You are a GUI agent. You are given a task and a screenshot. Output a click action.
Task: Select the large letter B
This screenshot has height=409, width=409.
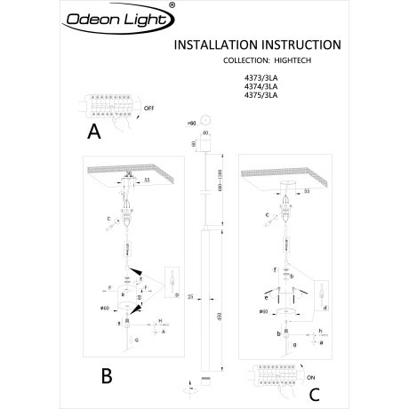[x=106, y=375]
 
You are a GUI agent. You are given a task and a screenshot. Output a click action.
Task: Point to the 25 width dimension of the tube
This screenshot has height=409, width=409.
[x=180, y=295]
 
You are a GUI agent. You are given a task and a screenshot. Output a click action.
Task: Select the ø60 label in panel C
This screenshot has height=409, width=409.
[x=264, y=312]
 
